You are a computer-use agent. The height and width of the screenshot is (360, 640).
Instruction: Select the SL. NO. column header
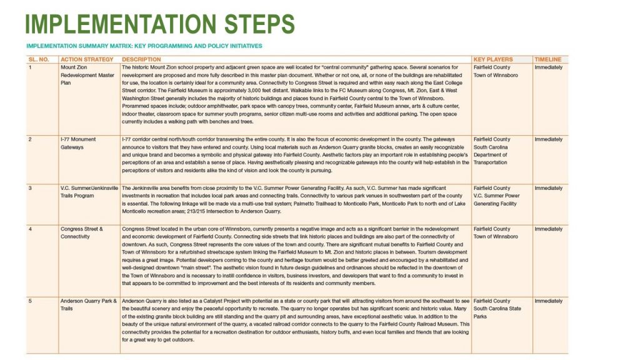pyautogui.click(x=38, y=59)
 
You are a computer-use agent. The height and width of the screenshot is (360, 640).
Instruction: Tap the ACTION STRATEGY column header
pyautogui.click(x=87, y=59)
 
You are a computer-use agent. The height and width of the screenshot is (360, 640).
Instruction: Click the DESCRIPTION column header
pyautogui.click(x=141, y=59)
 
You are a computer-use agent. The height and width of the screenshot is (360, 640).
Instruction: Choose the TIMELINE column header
pyautogui.click(x=547, y=59)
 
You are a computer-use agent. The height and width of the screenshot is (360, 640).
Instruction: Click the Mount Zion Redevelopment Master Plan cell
pyautogui.click(x=87, y=74)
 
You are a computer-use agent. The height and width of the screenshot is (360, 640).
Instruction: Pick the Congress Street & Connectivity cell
pyautogui.click(x=82, y=232)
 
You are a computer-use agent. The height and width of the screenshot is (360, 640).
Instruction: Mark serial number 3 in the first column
pyautogui.click(x=30, y=188)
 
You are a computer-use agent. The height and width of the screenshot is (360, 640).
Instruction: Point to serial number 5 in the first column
pyautogui.click(x=30, y=301)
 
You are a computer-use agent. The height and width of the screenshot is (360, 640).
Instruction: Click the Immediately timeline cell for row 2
pyautogui.click(x=548, y=139)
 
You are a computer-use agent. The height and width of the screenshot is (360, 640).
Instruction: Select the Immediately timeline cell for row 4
pyautogui.click(x=548, y=229)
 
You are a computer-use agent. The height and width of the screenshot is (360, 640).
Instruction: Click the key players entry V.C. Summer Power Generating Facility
pyautogui.click(x=496, y=200)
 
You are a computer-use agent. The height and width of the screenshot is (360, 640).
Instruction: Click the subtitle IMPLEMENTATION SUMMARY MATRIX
pyautogui.click(x=144, y=46)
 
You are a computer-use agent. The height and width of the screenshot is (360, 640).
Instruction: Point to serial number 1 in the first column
pyautogui.click(x=30, y=67)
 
